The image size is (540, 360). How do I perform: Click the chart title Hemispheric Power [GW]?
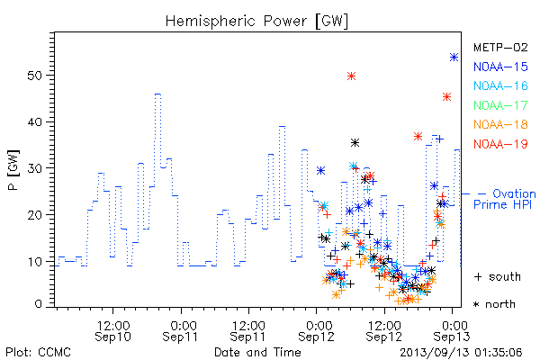[x=256, y=21]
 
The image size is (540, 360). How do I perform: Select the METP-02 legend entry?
[x=500, y=48]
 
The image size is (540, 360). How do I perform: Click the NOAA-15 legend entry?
[x=500, y=67]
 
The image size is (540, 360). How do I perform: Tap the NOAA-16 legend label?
[x=500, y=85]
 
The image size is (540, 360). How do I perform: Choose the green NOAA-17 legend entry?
[x=500, y=105]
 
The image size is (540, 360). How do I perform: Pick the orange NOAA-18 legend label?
[x=500, y=124]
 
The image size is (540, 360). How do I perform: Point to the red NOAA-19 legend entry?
[x=500, y=144]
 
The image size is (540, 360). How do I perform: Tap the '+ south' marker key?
[x=498, y=276]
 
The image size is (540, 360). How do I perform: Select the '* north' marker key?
[x=494, y=304]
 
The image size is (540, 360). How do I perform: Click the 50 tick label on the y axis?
[x=34, y=76]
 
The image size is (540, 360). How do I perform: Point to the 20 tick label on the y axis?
[x=34, y=215]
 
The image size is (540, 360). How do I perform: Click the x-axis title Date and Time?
[x=257, y=353]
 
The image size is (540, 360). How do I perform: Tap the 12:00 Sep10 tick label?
[x=113, y=331]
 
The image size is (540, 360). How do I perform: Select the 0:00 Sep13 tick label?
[x=452, y=331]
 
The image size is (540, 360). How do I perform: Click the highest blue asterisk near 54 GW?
[x=454, y=58]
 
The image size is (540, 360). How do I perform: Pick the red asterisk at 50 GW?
[x=351, y=76]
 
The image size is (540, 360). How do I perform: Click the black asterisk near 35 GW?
[x=355, y=142]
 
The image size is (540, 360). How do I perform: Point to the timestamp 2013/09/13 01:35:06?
[x=461, y=353]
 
